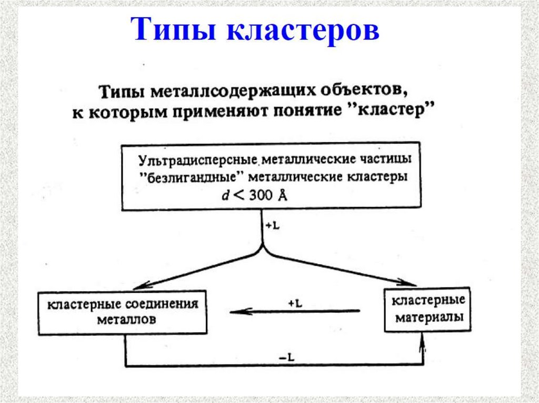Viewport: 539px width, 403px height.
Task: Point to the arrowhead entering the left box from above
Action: [x=138, y=286]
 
